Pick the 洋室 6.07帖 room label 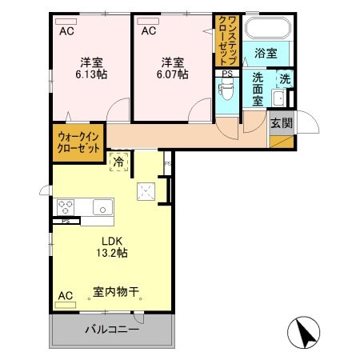click(173, 68)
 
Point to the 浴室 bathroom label click(266, 54)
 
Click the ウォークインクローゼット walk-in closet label click(78, 142)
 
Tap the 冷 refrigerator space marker click(119, 162)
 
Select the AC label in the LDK click(65, 296)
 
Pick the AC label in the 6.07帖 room click(149, 31)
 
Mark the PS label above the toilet click(227, 74)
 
